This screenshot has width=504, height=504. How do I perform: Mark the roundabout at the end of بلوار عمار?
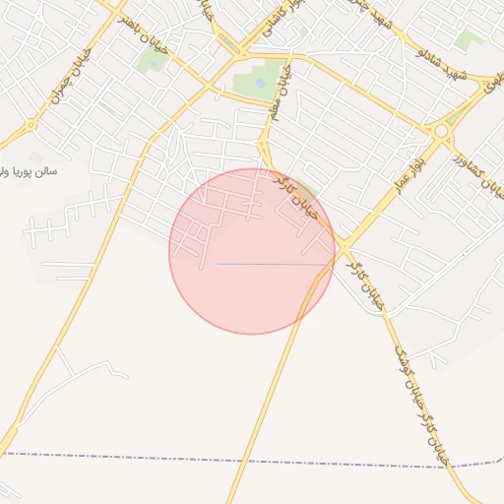(x=442, y=129)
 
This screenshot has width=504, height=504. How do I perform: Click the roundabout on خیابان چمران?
(x=31, y=125)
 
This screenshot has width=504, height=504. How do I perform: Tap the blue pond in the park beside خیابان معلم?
(x=259, y=84)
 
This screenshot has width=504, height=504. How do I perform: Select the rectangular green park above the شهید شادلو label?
(x=469, y=39)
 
